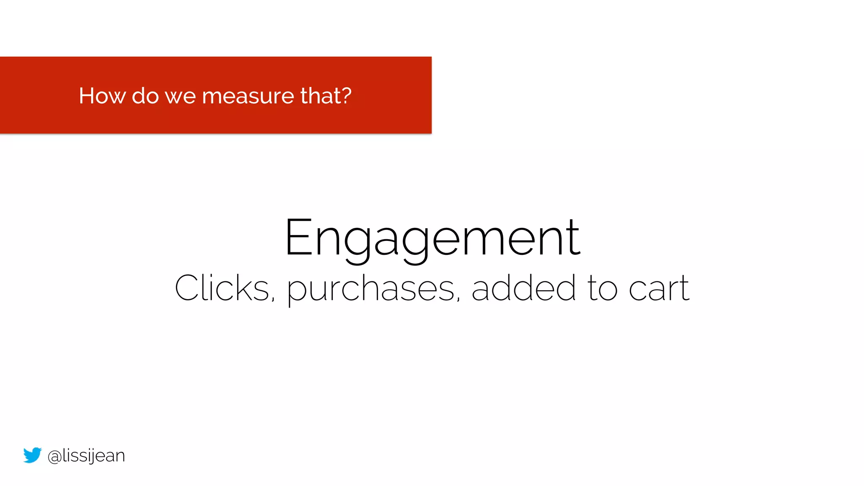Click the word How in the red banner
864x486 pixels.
(102, 96)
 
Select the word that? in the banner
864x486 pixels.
(326, 96)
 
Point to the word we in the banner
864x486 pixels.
(180, 97)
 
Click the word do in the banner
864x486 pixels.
(145, 96)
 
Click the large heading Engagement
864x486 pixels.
(432, 238)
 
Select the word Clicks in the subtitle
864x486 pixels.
(222, 289)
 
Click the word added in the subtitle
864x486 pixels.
(524, 289)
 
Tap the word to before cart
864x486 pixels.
(602, 289)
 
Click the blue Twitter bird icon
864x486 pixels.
(32, 455)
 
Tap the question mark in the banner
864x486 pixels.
(346, 95)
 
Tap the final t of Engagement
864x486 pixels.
(575, 239)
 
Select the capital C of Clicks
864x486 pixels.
(186, 288)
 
